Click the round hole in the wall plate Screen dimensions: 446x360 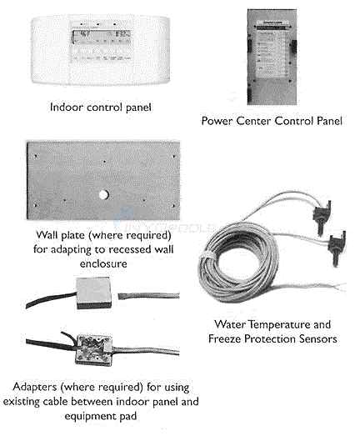tap(101, 194)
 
